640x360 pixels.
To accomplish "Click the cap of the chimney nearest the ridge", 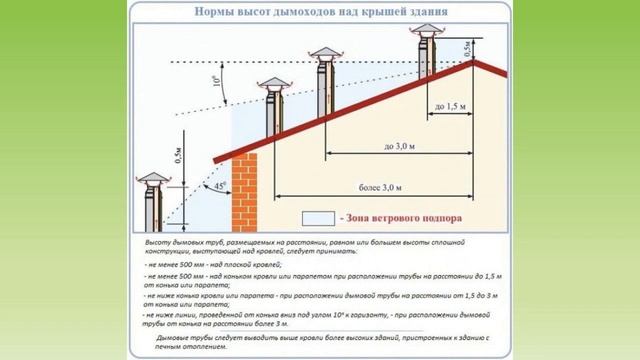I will [x=422, y=34].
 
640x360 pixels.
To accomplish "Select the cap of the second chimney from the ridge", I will [x=323, y=53].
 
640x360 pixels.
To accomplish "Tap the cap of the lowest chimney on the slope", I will [x=273, y=92].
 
